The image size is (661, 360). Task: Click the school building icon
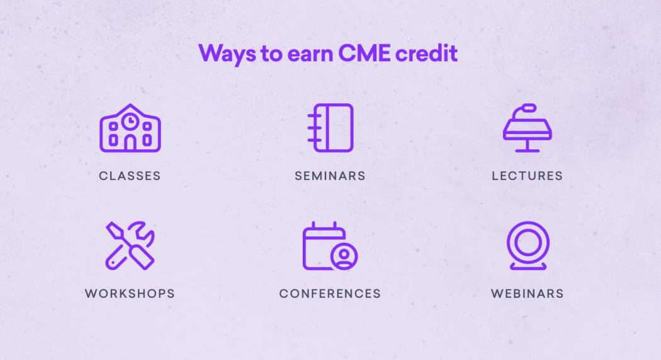point(130,128)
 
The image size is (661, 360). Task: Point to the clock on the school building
point(130,119)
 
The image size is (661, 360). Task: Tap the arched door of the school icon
point(130,143)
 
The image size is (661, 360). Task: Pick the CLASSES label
point(130,176)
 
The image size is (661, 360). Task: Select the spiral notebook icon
point(330,128)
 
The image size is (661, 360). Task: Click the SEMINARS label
point(330,176)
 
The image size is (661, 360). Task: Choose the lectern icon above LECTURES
point(527,128)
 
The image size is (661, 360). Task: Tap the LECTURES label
point(527,176)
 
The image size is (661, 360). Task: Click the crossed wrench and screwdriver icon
point(130,245)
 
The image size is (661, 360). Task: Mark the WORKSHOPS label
point(130,293)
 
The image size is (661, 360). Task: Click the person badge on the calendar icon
point(344,257)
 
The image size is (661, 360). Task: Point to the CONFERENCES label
point(330,293)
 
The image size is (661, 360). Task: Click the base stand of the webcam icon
point(528,266)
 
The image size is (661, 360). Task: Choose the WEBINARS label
point(527,293)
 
